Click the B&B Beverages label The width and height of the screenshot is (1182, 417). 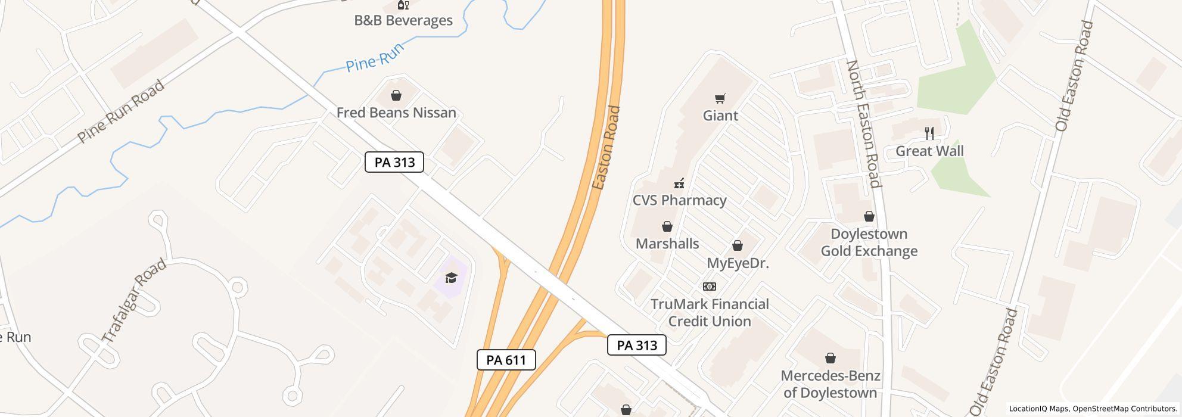403,20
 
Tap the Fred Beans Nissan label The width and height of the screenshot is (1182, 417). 396,113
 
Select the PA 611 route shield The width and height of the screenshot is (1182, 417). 506,360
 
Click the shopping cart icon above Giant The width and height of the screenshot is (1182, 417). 720,98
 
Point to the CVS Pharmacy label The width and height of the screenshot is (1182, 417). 679,200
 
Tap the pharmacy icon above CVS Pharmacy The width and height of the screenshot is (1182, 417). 679,183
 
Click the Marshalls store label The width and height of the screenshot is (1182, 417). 667,244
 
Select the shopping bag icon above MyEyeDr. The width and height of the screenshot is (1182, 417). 738,246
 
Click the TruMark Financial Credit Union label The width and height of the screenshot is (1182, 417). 710,313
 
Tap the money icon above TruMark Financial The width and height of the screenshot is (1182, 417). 710,287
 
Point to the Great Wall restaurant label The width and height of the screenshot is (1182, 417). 929,151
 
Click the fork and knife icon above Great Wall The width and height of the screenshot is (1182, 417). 929,133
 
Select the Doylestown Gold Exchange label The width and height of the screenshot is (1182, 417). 869,242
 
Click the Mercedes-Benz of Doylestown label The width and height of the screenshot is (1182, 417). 830,384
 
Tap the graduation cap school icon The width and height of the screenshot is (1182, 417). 451,278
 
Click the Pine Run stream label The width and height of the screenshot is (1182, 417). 375,57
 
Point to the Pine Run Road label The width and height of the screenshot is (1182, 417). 121,111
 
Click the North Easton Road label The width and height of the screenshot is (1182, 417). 863,123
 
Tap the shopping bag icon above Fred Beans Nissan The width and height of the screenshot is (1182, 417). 396,95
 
